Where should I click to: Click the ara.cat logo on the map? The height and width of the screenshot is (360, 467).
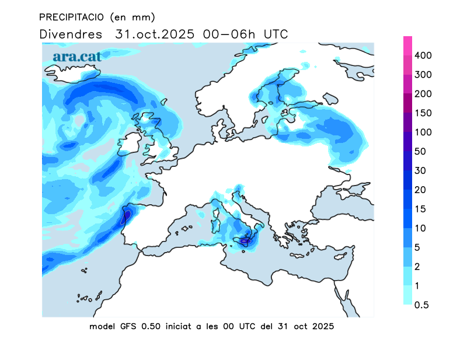77,57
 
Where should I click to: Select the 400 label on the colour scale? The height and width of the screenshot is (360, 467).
423,55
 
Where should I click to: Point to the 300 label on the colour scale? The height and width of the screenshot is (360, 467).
423,75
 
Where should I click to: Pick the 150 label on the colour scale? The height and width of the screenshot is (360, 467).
423,113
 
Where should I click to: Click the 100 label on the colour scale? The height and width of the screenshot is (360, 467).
423,132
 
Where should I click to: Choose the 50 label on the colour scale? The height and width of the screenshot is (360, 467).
420,152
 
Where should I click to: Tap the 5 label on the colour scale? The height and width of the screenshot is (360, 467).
417,248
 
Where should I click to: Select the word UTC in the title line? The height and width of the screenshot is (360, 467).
276,34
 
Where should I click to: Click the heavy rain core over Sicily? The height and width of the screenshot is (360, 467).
246,240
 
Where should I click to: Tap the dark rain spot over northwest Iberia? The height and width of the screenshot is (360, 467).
126,216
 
